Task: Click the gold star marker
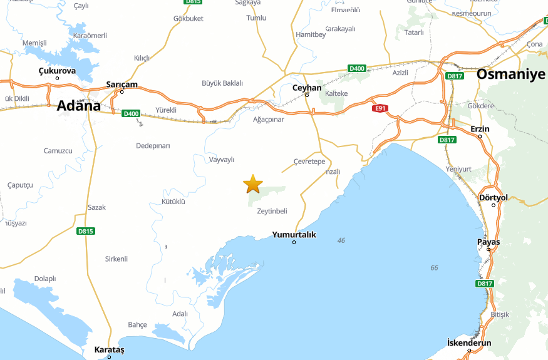tap(253, 184)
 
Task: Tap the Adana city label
tap(79, 106)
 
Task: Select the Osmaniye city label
tap(511, 74)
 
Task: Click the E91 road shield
tap(379, 108)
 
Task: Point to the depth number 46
tap(341, 240)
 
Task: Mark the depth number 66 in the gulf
tap(435, 268)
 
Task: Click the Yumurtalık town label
tap(294, 235)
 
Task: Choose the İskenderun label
tap(469, 343)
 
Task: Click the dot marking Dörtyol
tap(494, 205)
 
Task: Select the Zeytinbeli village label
tap(272, 211)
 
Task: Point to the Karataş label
tap(110, 349)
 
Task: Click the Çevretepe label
tap(309, 162)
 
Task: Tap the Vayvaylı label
tap(221, 160)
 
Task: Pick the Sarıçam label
tap(121, 85)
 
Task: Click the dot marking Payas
tap(489, 249)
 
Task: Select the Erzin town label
tap(480, 129)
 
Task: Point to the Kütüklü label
tap(173, 202)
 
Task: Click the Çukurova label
tap(57, 71)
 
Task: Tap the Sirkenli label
tap(116, 259)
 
